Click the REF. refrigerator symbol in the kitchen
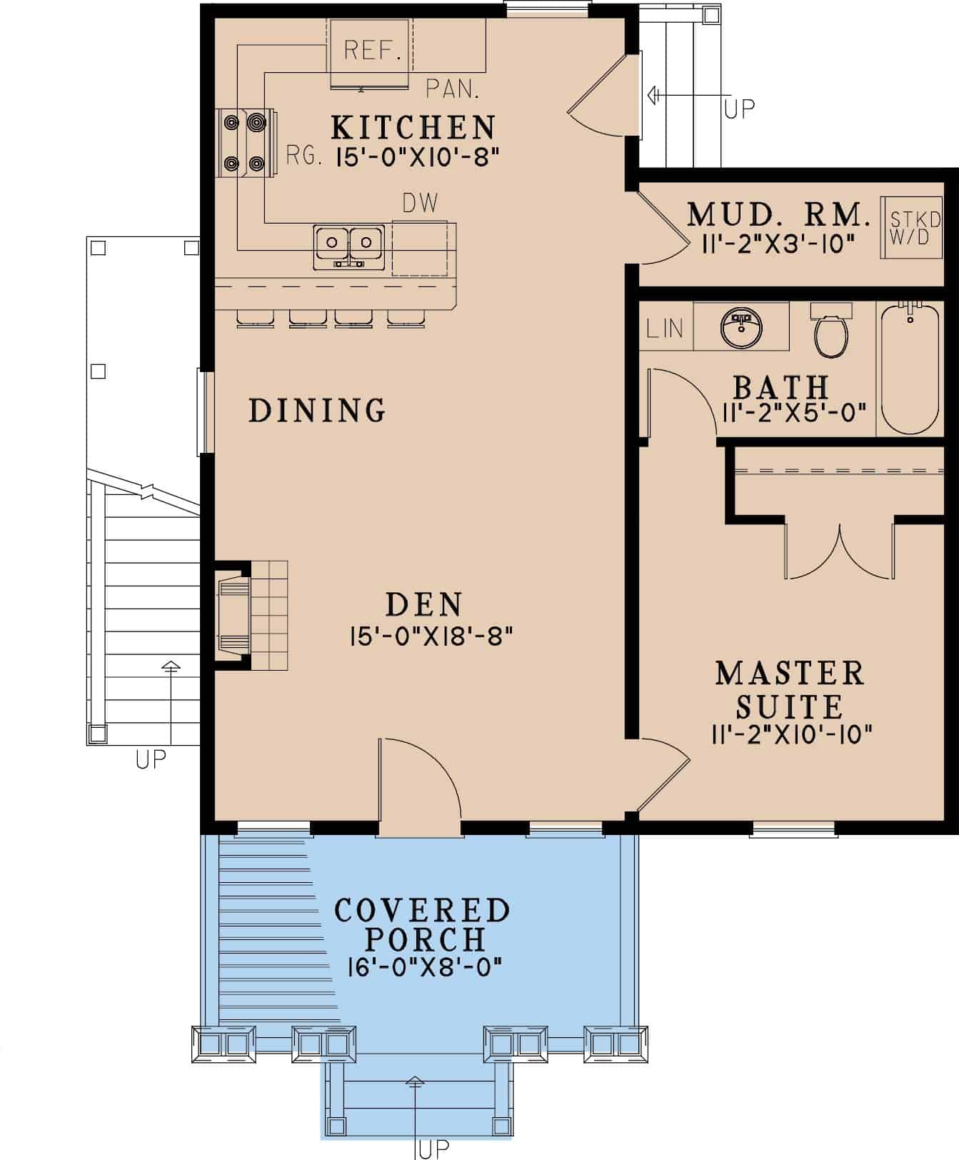tap(369, 50)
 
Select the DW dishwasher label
tap(420, 204)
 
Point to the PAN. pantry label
tap(452, 89)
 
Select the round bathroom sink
tap(741, 326)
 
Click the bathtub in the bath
tap(909, 369)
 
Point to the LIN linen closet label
tap(665, 329)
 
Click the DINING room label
tap(317, 411)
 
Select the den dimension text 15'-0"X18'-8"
tap(431, 636)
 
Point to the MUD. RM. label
tap(778, 214)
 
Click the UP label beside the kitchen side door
tap(740, 109)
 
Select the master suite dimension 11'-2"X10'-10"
tap(791, 734)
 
